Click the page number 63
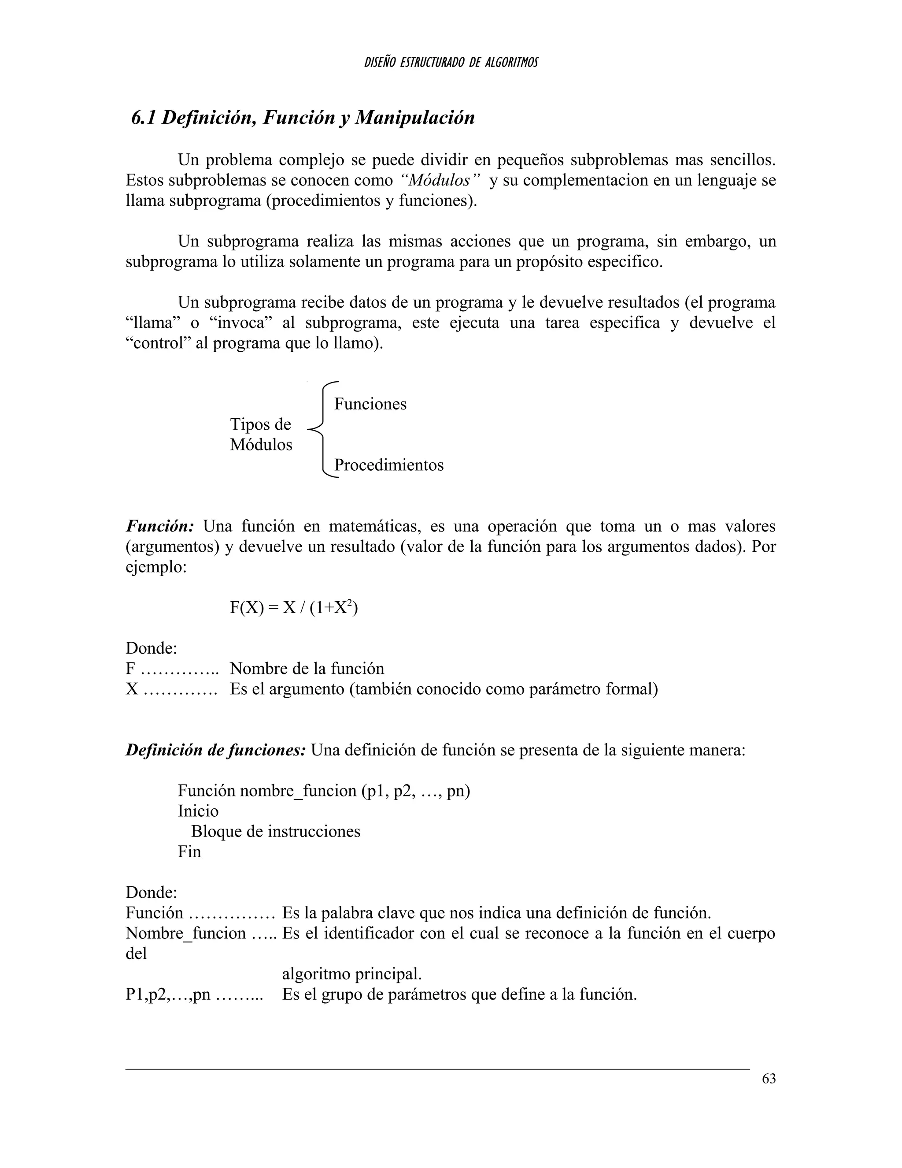click(x=769, y=1079)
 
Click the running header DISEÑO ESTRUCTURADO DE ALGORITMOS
click(x=451, y=63)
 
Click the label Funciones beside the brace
click(x=370, y=404)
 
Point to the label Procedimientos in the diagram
click(x=388, y=465)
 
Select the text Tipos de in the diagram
click(x=260, y=424)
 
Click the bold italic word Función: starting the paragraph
click(x=160, y=526)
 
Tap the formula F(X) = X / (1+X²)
click(x=293, y=608)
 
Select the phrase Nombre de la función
click(x=307, y=669)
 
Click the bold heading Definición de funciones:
click(x=215, y=750)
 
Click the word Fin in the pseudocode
click(x=189, y=852)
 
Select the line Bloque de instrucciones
click(x=276, y=832)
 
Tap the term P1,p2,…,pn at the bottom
click(x=168, y=994)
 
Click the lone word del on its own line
click(x=136, y=953)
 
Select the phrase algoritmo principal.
click(x=351, y=974)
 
